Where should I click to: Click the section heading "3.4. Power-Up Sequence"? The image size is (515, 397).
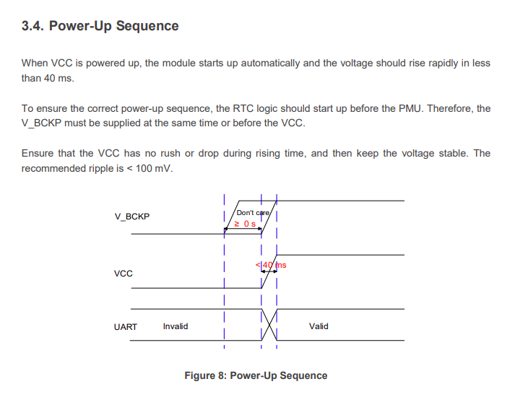(100, 26)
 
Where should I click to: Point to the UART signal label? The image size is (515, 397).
(125, 327)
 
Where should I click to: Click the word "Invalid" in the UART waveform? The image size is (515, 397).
(176, 326)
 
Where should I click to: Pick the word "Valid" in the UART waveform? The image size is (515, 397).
(319, 326)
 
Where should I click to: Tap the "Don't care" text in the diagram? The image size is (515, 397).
(253, 213)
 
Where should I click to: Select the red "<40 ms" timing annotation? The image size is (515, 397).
(272, 265)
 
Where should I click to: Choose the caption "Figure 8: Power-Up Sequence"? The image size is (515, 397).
(256, 375)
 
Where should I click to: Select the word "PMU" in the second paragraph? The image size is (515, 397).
(410, 109)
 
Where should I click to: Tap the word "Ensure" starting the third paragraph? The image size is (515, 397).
(36, 154)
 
